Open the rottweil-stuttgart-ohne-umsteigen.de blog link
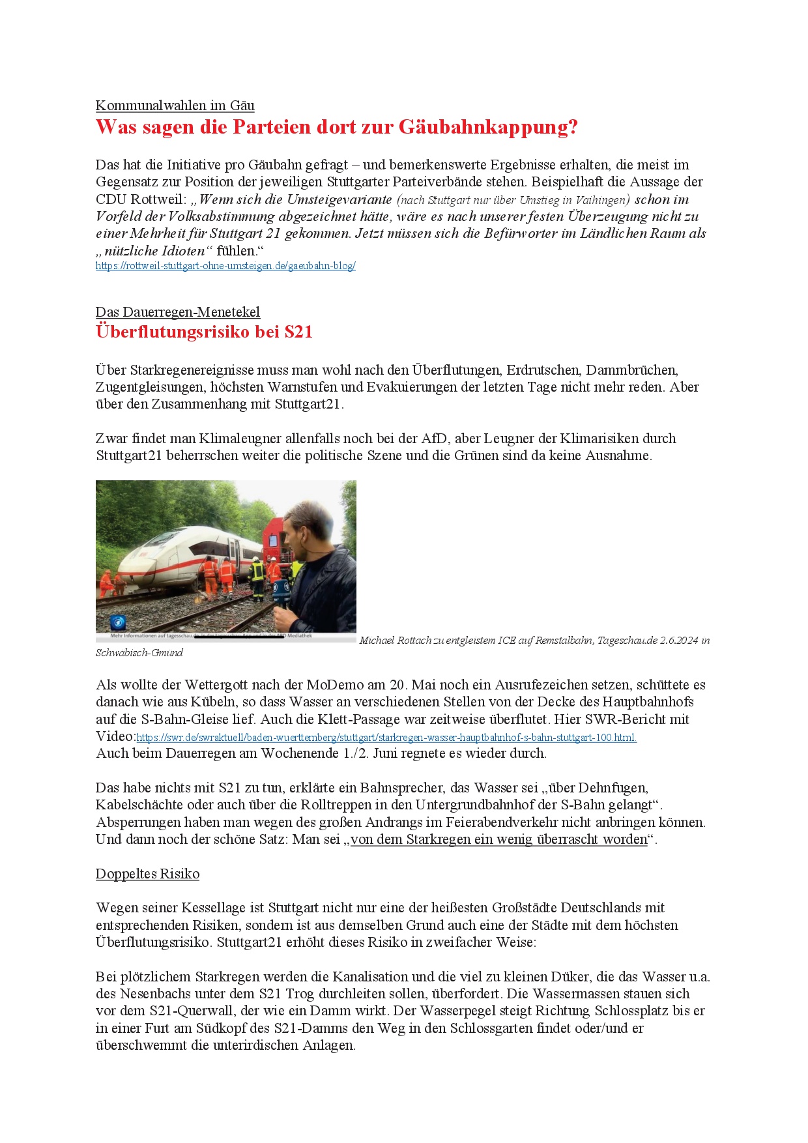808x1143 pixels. (225, 266)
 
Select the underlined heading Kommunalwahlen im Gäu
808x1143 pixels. (175, 106)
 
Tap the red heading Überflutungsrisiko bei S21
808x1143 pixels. (204, 332)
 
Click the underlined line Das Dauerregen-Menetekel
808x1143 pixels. (177, 312)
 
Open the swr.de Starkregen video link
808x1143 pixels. (386, 738)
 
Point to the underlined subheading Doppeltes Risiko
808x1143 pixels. (147, 874)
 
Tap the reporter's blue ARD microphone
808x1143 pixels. (282, 592)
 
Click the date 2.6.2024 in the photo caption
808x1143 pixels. (679, 641)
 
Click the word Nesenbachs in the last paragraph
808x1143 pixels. (154, 994)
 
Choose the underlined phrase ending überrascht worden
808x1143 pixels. (499, 839)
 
